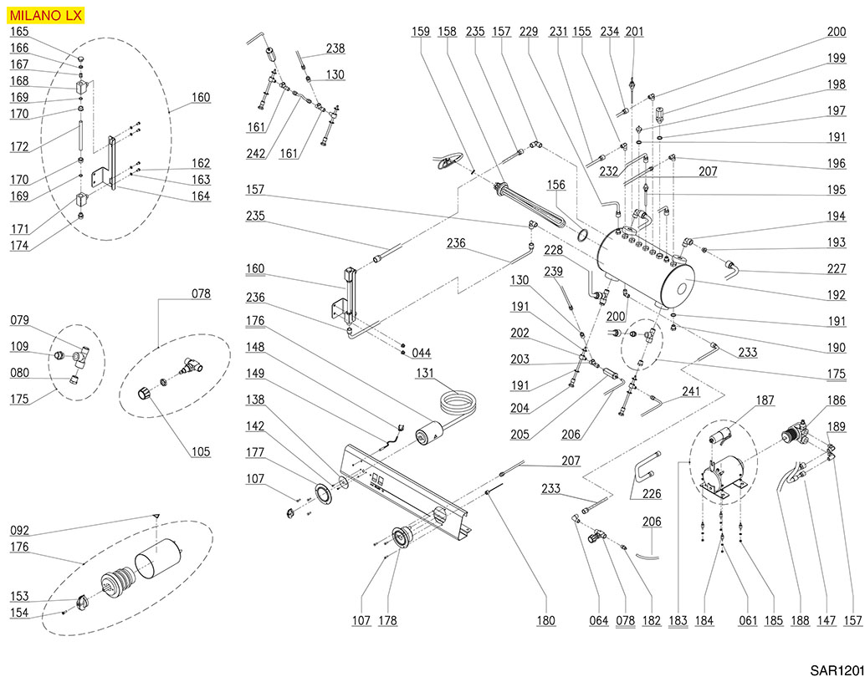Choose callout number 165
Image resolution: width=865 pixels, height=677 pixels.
pyautogui.click(x=19, y=32)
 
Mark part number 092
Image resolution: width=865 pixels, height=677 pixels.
pyautogui.click(x=19, y=529)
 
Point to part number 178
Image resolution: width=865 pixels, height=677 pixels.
pyautogui.click(x=387, y=621)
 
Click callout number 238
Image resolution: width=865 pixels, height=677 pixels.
pyautogui.click(x=335, y=48)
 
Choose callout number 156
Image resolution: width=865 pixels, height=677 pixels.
pyautogui.click(x=557, y=184)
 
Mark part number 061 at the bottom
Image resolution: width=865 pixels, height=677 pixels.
pyautogui.click(x=748, y=621)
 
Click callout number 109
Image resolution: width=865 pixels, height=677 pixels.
pyautogui.click(x=19, y=346)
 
